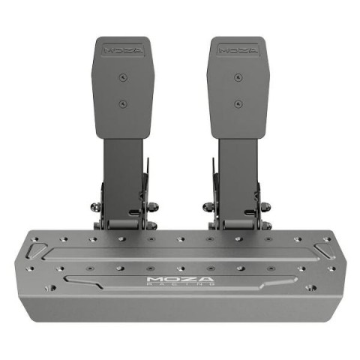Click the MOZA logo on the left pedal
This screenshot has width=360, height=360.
(x=123, y=50)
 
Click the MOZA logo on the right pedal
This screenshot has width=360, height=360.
(x=238, y=50)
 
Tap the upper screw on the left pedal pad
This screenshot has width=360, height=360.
(x=123, y=77)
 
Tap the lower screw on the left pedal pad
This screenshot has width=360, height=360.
(x=123, y=103)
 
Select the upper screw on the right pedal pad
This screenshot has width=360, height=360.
(x=238, y=77)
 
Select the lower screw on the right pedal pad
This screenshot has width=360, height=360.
(x=238, y=103)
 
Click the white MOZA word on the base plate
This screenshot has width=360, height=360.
(x=180, y=279)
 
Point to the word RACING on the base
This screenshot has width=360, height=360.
(x=180, y=284)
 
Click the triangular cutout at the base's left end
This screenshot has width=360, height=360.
(x=37, y=250)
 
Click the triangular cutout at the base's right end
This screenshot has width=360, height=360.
(x=325, y=250)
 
